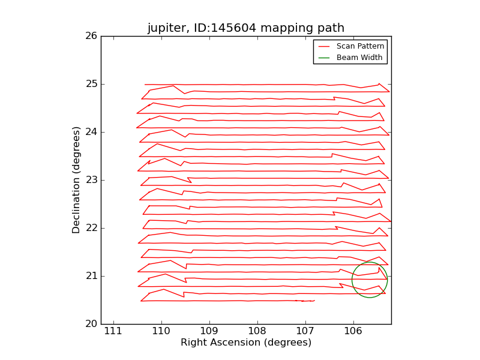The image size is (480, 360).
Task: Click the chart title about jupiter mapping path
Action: point(246,28)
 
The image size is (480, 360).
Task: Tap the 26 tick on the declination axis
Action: point(91,36)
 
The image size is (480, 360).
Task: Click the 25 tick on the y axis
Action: point(91,84)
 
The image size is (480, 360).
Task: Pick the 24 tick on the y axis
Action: point(91,132)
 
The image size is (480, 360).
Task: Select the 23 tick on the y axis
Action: point(91,180)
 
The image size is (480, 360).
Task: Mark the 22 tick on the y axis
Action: point(91,228)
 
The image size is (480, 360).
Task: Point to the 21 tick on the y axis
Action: point(91,276)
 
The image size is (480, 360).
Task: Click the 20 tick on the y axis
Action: point(91,324)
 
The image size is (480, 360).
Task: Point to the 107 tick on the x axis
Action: point(305,332)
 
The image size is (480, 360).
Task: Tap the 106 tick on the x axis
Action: point(353,332)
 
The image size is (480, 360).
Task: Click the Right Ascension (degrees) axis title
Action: point(246,343)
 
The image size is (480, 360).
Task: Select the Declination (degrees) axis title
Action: point(77,180)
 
